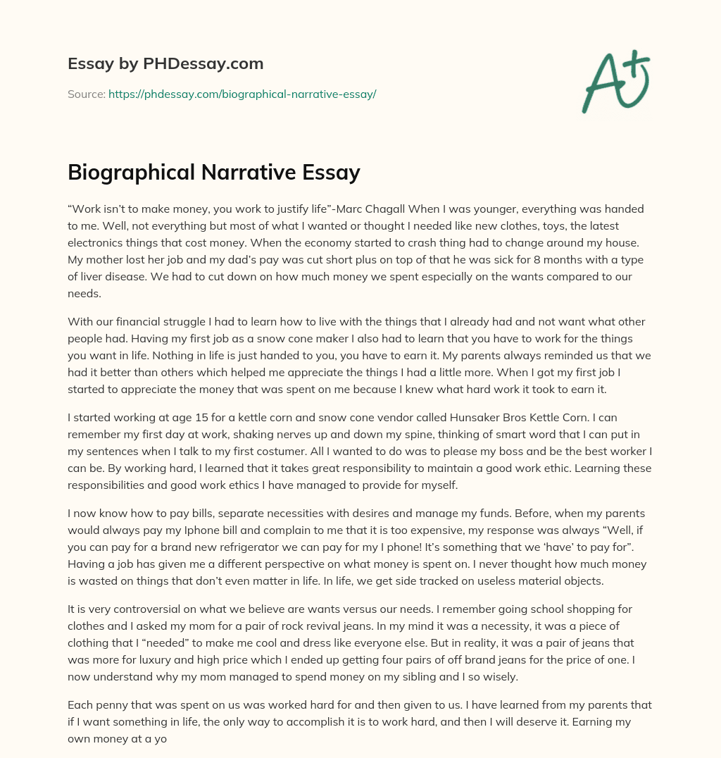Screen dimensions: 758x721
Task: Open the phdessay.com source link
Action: click(x=242, y=94)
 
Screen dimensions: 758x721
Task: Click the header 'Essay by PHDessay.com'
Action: click(x=165, y=63)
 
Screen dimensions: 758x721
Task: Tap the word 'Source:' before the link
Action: click(x=87, y=94)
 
